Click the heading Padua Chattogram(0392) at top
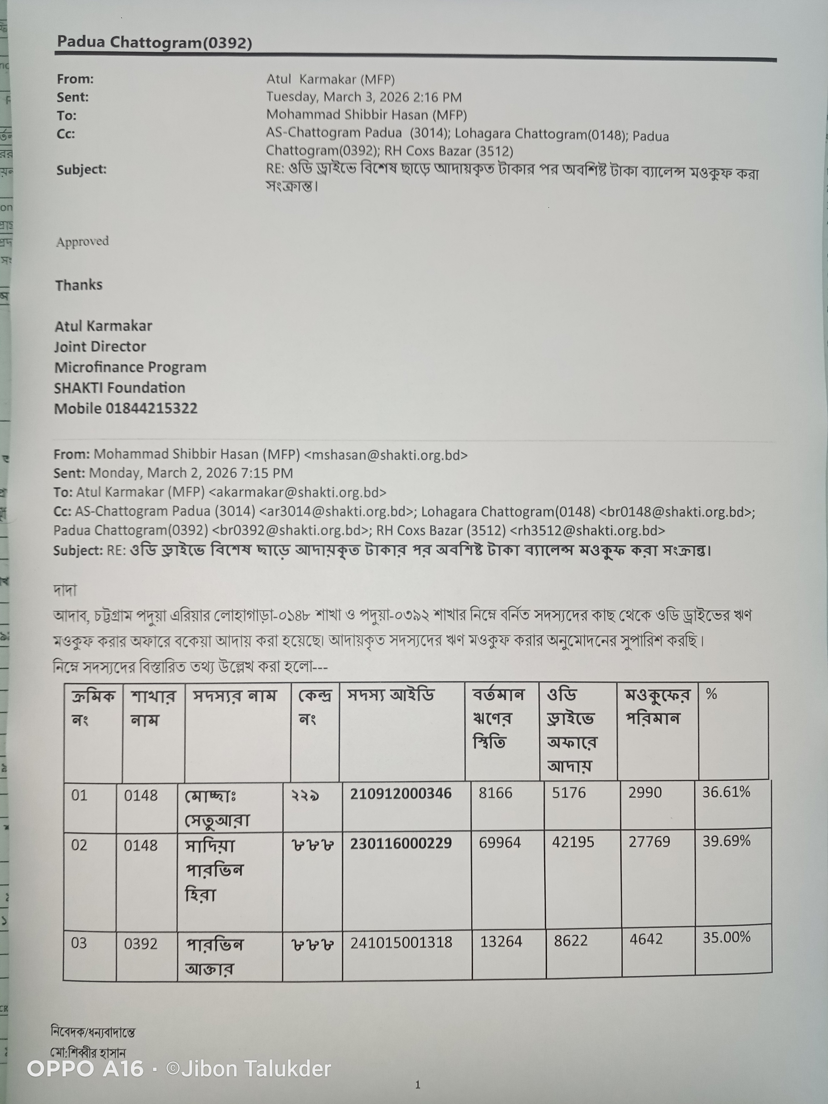click(x=154, y=42)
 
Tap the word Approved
click(x=82, y=241)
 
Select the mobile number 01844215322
click(x=151, y=408)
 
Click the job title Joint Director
click(x=100, y=346)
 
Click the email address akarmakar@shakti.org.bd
click(x=297, y=493)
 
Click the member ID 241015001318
click(x=401, y=942)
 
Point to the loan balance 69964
click(x=500, y=843)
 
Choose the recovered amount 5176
click(x=568, y=792)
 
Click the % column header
click(x=711, y=694)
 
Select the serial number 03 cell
click(x=79, y=943)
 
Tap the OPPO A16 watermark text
click(x=85, y=1068)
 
